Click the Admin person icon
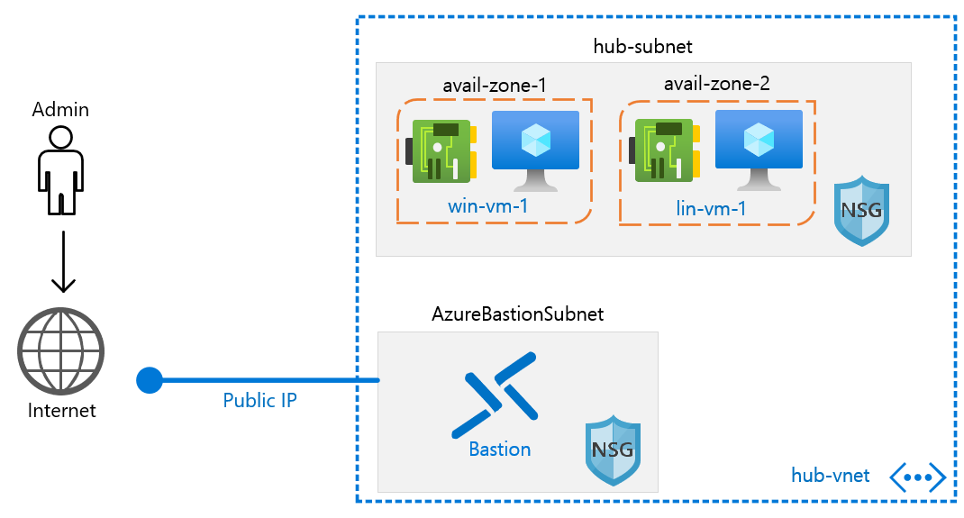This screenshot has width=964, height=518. tap(60, 171)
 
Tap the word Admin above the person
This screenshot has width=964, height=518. tap(60, 110)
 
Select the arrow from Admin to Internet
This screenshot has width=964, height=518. tap(61, 261)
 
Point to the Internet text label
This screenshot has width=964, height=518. tap(61, 410)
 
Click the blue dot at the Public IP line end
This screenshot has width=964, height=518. tap(149, 380)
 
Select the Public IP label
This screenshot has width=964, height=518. tap(260, 400)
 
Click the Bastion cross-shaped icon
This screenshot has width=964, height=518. tap(495, 395)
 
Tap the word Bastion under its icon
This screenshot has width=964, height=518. tap(500, 449)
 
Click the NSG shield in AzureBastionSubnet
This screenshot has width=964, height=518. tap(612, 450)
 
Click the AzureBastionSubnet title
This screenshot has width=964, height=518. tap(517, 314)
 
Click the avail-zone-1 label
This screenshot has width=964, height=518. tap(495, 85)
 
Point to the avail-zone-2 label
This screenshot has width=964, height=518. tap(717, 85)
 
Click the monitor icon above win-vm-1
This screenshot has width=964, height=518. tap(536, 149)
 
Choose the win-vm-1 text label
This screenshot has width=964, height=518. tap(488, 206)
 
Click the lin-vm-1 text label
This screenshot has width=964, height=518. tap(712, 210)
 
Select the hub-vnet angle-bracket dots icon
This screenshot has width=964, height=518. tap(917, 476)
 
